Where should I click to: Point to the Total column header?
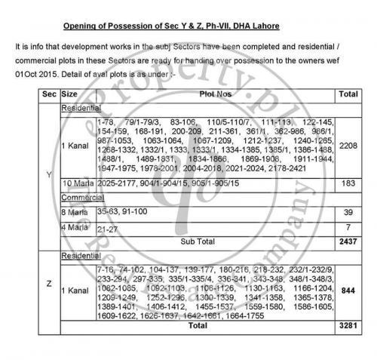tap(348, 95)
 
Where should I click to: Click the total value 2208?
tap(348, 145)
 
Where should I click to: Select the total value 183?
tap(348, 183)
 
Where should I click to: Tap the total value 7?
tap(348, 227)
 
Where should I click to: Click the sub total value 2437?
tap(348, 242)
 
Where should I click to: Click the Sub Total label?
tap(196, 242)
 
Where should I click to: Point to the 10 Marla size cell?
tap(77, 183)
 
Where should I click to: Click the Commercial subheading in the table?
tap(81, 198)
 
